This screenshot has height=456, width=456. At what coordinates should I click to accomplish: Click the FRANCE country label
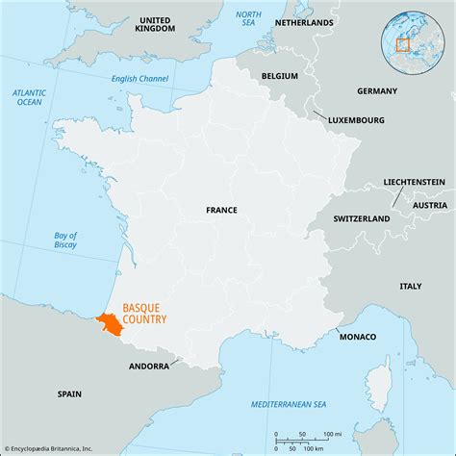[x=221, y=209]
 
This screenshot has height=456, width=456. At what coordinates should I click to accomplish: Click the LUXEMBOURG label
[x=355, y=120]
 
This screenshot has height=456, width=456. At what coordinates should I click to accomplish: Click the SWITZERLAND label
[x=361, y=218]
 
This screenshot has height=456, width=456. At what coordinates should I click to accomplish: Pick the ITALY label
[x=410, y=286]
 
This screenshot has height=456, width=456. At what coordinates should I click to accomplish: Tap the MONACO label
[x=357, y=336]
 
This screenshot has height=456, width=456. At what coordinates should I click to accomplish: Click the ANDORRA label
[x=149, y=367]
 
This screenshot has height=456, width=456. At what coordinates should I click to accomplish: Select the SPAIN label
[x=68, y=393]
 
